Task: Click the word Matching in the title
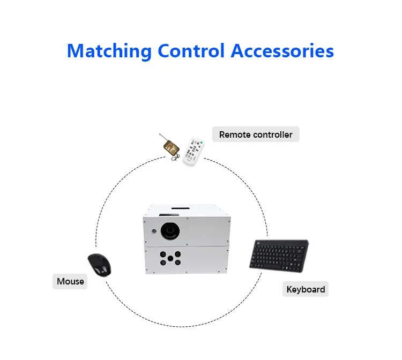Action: [x=109, y=51]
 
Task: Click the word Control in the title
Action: [x=191, y=51]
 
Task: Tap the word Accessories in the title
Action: [x=282, y=51]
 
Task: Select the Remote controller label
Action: [x=256, y=134]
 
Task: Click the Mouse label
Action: [x=70, y=281]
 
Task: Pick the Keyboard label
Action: [x=306, y=289]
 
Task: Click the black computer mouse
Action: [x=100, y=265]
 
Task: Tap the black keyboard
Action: [x=279, y=256]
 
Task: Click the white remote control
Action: [x=193, y=151]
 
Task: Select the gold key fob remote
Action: [x=171, y=147]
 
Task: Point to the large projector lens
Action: [x=170, y=230]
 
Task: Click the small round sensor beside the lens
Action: [x=154, y=231]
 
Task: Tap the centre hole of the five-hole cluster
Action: [x=170, y=258]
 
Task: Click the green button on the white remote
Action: [x=202, y=142]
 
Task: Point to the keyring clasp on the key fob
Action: [x=175, y=157]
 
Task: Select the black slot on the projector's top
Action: [x=181, y=208]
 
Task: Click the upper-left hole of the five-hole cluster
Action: [x=163, y=254]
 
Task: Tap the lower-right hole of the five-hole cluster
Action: [x=177, y=262]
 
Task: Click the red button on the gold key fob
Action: [x=169, y=147]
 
